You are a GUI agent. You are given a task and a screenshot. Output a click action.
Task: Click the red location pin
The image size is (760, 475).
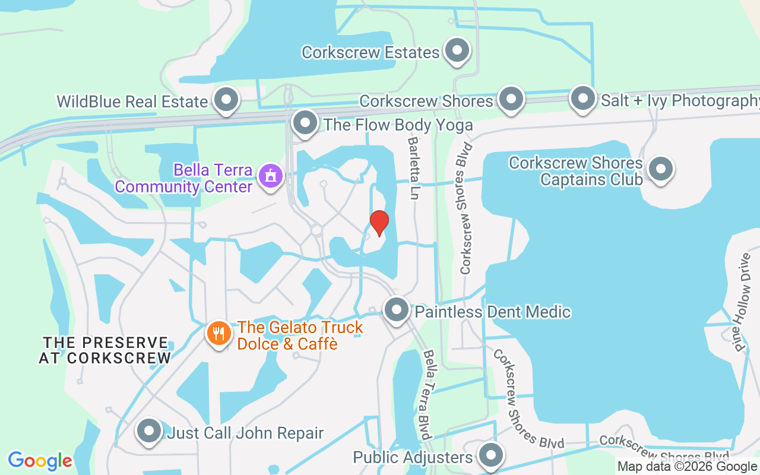coord(379,223)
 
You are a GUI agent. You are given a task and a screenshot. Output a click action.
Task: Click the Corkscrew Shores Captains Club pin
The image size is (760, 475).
coord(660,169)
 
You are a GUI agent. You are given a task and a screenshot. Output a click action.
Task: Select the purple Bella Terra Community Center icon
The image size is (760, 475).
coord(271,176)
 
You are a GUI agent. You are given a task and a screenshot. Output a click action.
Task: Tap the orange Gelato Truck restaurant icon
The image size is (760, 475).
coord(219,333)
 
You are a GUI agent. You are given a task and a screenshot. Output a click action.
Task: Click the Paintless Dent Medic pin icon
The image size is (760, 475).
coord(396,310)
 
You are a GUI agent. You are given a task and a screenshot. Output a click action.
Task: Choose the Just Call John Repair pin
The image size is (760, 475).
coord(149,431)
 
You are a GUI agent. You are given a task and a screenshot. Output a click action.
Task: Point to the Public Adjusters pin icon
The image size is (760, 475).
coord(490,455)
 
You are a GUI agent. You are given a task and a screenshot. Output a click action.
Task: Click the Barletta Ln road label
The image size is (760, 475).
coord(413,169)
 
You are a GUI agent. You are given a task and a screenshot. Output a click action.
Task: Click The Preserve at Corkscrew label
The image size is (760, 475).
coord(105,350)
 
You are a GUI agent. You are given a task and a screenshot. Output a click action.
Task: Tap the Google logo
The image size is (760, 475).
coord(40,460)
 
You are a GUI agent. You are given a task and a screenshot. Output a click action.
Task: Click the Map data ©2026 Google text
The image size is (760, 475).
coord(687,467)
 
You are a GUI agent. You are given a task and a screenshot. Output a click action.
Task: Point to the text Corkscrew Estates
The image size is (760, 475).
coord(370,52)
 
